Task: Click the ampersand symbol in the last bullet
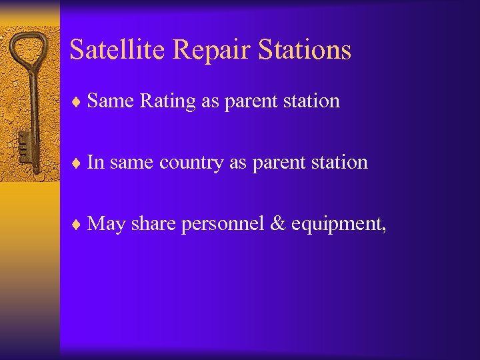(278, 223)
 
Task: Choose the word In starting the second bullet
(95, 162)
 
